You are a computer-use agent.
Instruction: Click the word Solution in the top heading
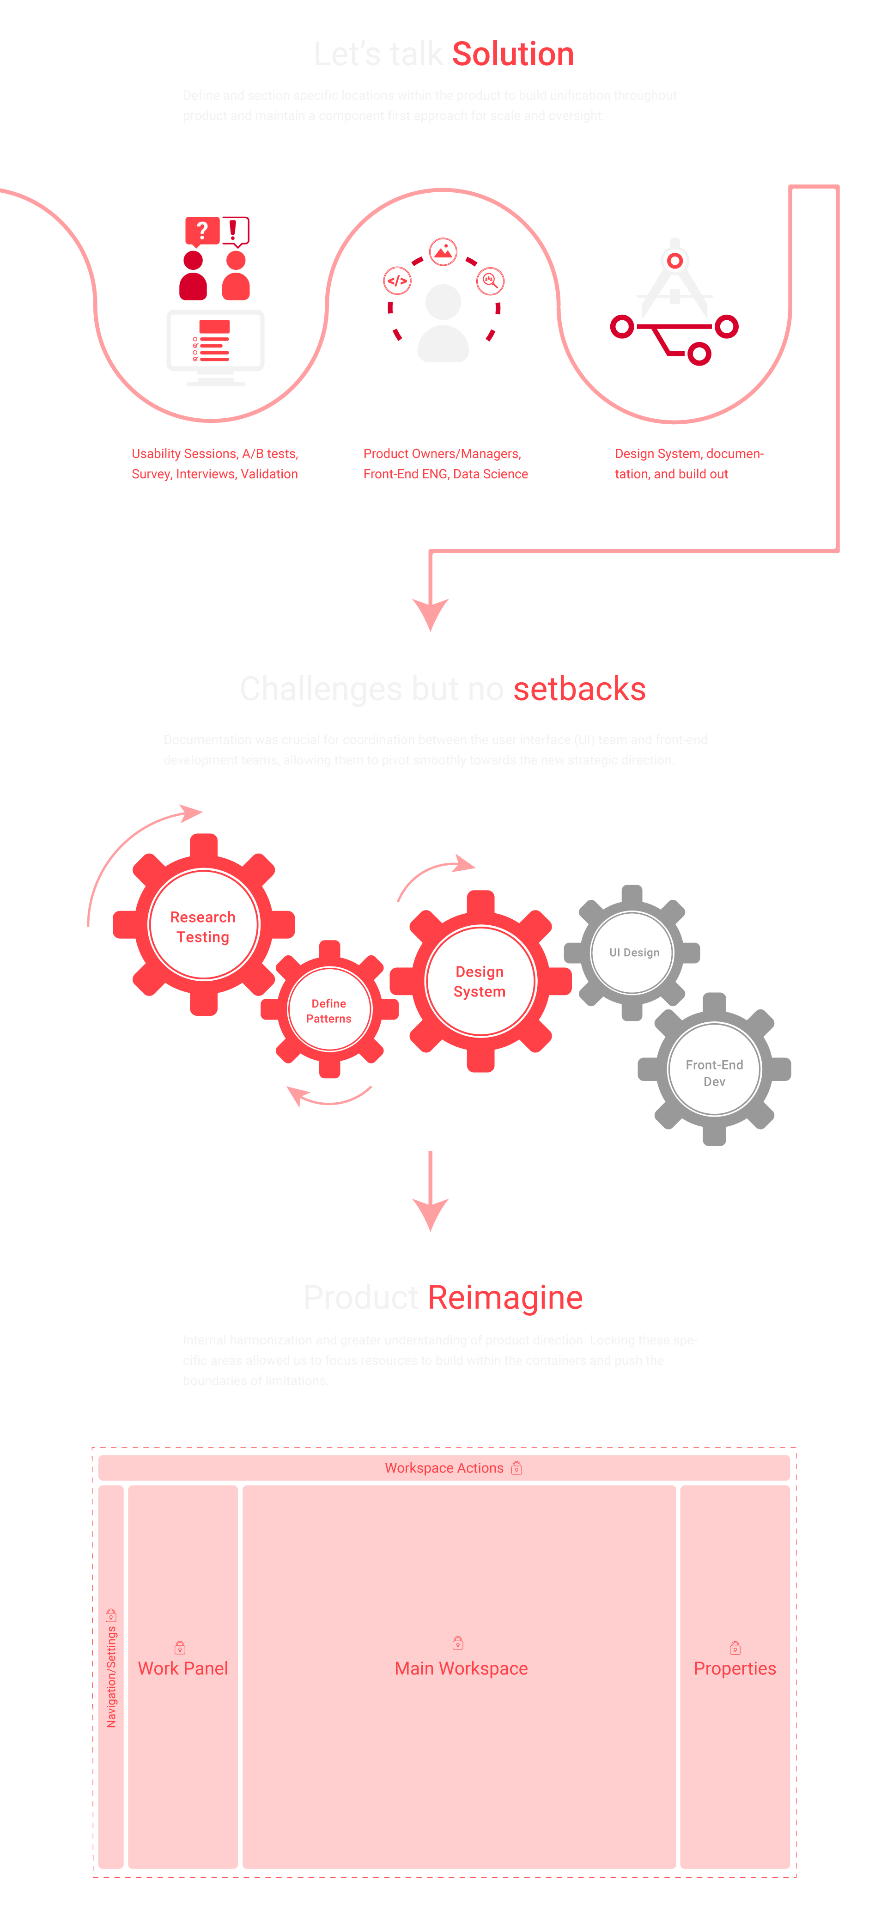coord(513,54)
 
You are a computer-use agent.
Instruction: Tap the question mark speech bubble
coord(201,231)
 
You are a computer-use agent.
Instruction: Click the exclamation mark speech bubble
coord(235,230)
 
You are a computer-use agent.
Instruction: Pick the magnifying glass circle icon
coord(490,281)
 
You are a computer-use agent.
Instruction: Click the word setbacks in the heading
coord(579,689)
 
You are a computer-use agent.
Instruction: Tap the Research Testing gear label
coord(203,926)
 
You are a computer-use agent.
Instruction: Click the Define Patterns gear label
coord(328,1011)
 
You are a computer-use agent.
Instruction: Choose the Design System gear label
coord(480,981)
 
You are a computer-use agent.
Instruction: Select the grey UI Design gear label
coord(633,952)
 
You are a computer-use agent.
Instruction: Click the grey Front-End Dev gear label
coord(714,1072)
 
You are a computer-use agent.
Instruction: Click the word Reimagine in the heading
coord(505,1298)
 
